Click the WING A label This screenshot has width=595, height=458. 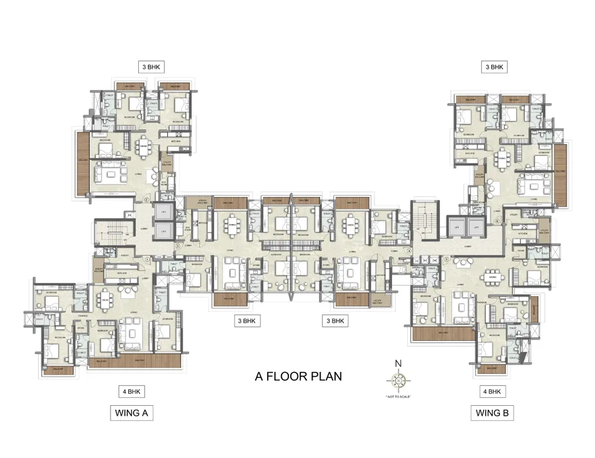click(x=131, y=414)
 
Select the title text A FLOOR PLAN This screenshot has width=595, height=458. click(x=298, y=377)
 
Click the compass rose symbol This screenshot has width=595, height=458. click(x=398, y=381)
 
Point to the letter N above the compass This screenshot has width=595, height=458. click(x=398, y=363)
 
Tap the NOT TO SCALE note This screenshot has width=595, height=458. click(x=398, y=397)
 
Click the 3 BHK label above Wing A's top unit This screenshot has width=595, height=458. click(x=150, y=67)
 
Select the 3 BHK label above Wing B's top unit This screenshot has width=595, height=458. click(x=495, y=67)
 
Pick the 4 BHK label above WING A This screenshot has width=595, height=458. click(x=131, y=391)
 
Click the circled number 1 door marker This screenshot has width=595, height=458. click(x=146, y=258)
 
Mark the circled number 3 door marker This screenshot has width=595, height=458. click(x=177, y=246)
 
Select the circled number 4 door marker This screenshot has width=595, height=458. click(x=409, y=251)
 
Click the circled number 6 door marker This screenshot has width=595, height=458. click(x=496, y=221)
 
